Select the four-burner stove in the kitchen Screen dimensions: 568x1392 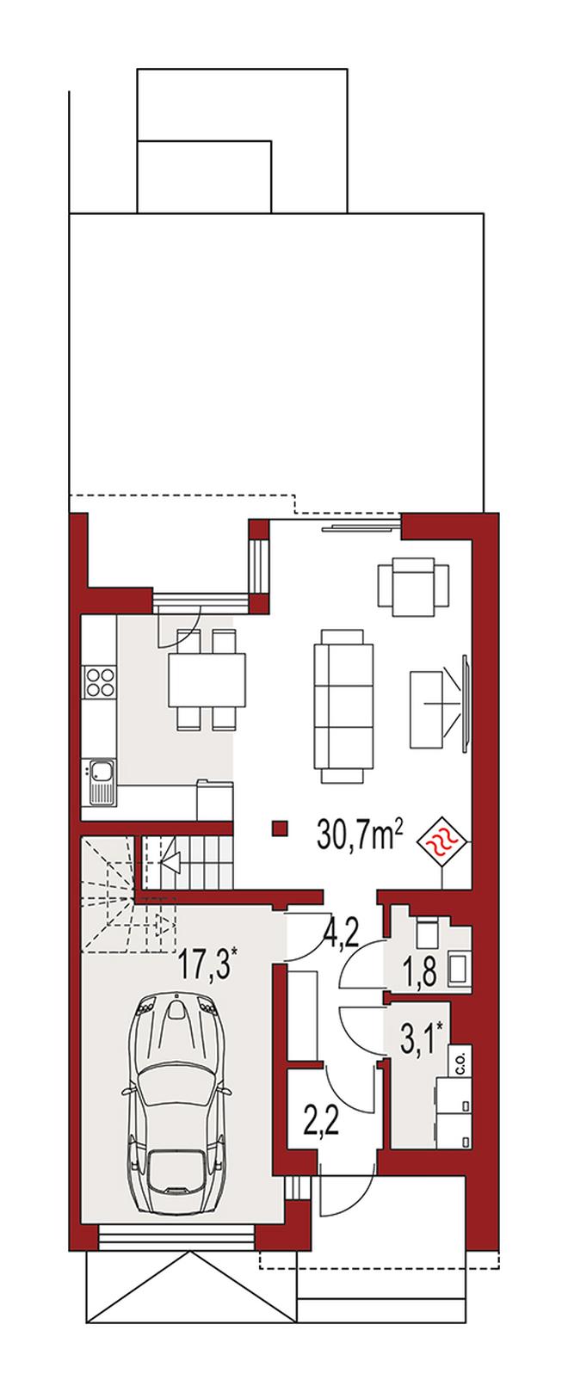pyautogui.click(x=101, y=681)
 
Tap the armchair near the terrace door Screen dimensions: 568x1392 pyautogui.click(x=413, y=585)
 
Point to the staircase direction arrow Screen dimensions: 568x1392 pyautogui.click(x=169, y=860)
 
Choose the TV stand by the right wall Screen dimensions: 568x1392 pyautogui.click(x=429, y=709)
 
